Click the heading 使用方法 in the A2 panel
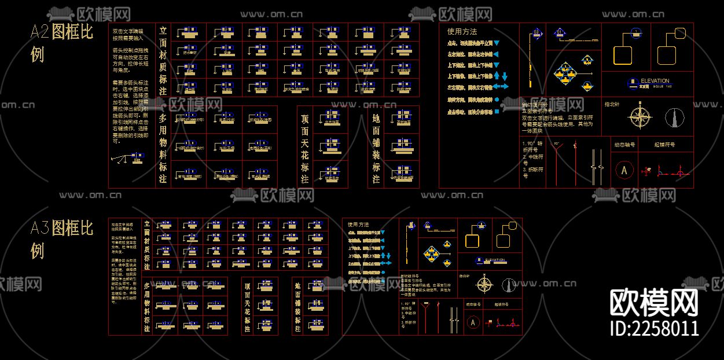(462, 32)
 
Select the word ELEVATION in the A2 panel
(655, 81)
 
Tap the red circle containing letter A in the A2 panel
(624, 171)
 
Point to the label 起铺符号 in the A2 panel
(664, 145)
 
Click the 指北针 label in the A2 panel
(612, 105)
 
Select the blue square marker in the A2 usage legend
(497, 111)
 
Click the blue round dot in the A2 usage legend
(497, 100)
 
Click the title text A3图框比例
(61, 238)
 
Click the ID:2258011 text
(655, 329)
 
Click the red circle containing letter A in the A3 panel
(473, 322)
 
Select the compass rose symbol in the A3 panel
(484, 284)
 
